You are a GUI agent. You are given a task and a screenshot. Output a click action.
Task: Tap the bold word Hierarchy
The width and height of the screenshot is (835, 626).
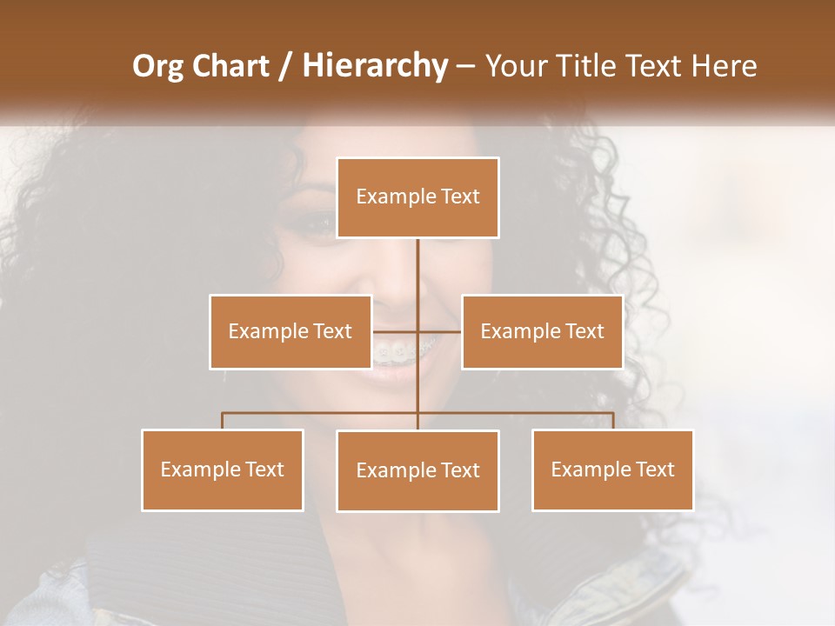[x=374, y=66]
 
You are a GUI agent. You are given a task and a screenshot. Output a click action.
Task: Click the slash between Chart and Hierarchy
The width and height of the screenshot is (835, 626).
[x=284, y=67]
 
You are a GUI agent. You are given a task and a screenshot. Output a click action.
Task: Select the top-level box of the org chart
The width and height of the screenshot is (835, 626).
[x=417, y=197]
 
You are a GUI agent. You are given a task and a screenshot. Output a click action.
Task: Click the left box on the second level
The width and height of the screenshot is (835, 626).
[x=291, y=331]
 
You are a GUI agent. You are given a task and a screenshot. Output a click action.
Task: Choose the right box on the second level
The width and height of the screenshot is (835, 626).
[x=542, y=331]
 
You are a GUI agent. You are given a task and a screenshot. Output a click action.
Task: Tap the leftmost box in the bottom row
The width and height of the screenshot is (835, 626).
[x=223, y=469]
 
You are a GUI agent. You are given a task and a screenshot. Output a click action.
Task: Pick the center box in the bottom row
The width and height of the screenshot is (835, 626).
[x=417, y=470]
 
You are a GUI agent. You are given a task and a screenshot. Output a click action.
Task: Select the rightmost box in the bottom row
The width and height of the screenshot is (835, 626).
[x=612, y=469]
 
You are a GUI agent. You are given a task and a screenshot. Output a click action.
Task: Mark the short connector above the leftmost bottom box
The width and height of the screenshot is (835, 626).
[x=223, y=421]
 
